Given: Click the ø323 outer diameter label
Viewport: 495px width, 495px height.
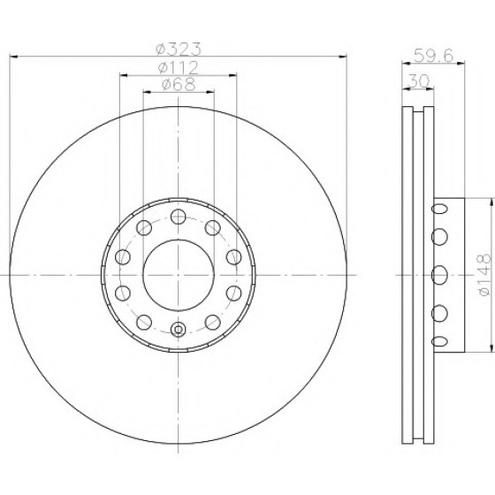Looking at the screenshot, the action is [x=179, y=49].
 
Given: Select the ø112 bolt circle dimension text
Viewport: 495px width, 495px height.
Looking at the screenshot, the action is [x=179, y=68].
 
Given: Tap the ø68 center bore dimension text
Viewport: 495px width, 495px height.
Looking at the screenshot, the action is [x=179, y=84].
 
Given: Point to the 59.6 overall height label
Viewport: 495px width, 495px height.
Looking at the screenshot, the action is [x=433, y=56].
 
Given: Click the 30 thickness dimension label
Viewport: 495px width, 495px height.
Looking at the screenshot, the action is [x=419, y=81].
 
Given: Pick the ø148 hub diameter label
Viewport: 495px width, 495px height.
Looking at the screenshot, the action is [x=484, y=275].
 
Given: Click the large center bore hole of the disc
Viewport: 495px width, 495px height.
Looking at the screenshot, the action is [x=179, y=275].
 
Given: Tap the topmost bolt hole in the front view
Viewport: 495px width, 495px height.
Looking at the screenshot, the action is [x=178, y=217].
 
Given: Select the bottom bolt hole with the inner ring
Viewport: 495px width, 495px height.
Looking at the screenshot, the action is [x=178, y=329].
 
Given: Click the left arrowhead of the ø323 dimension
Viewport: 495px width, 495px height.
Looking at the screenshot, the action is [x=14, y=57].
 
